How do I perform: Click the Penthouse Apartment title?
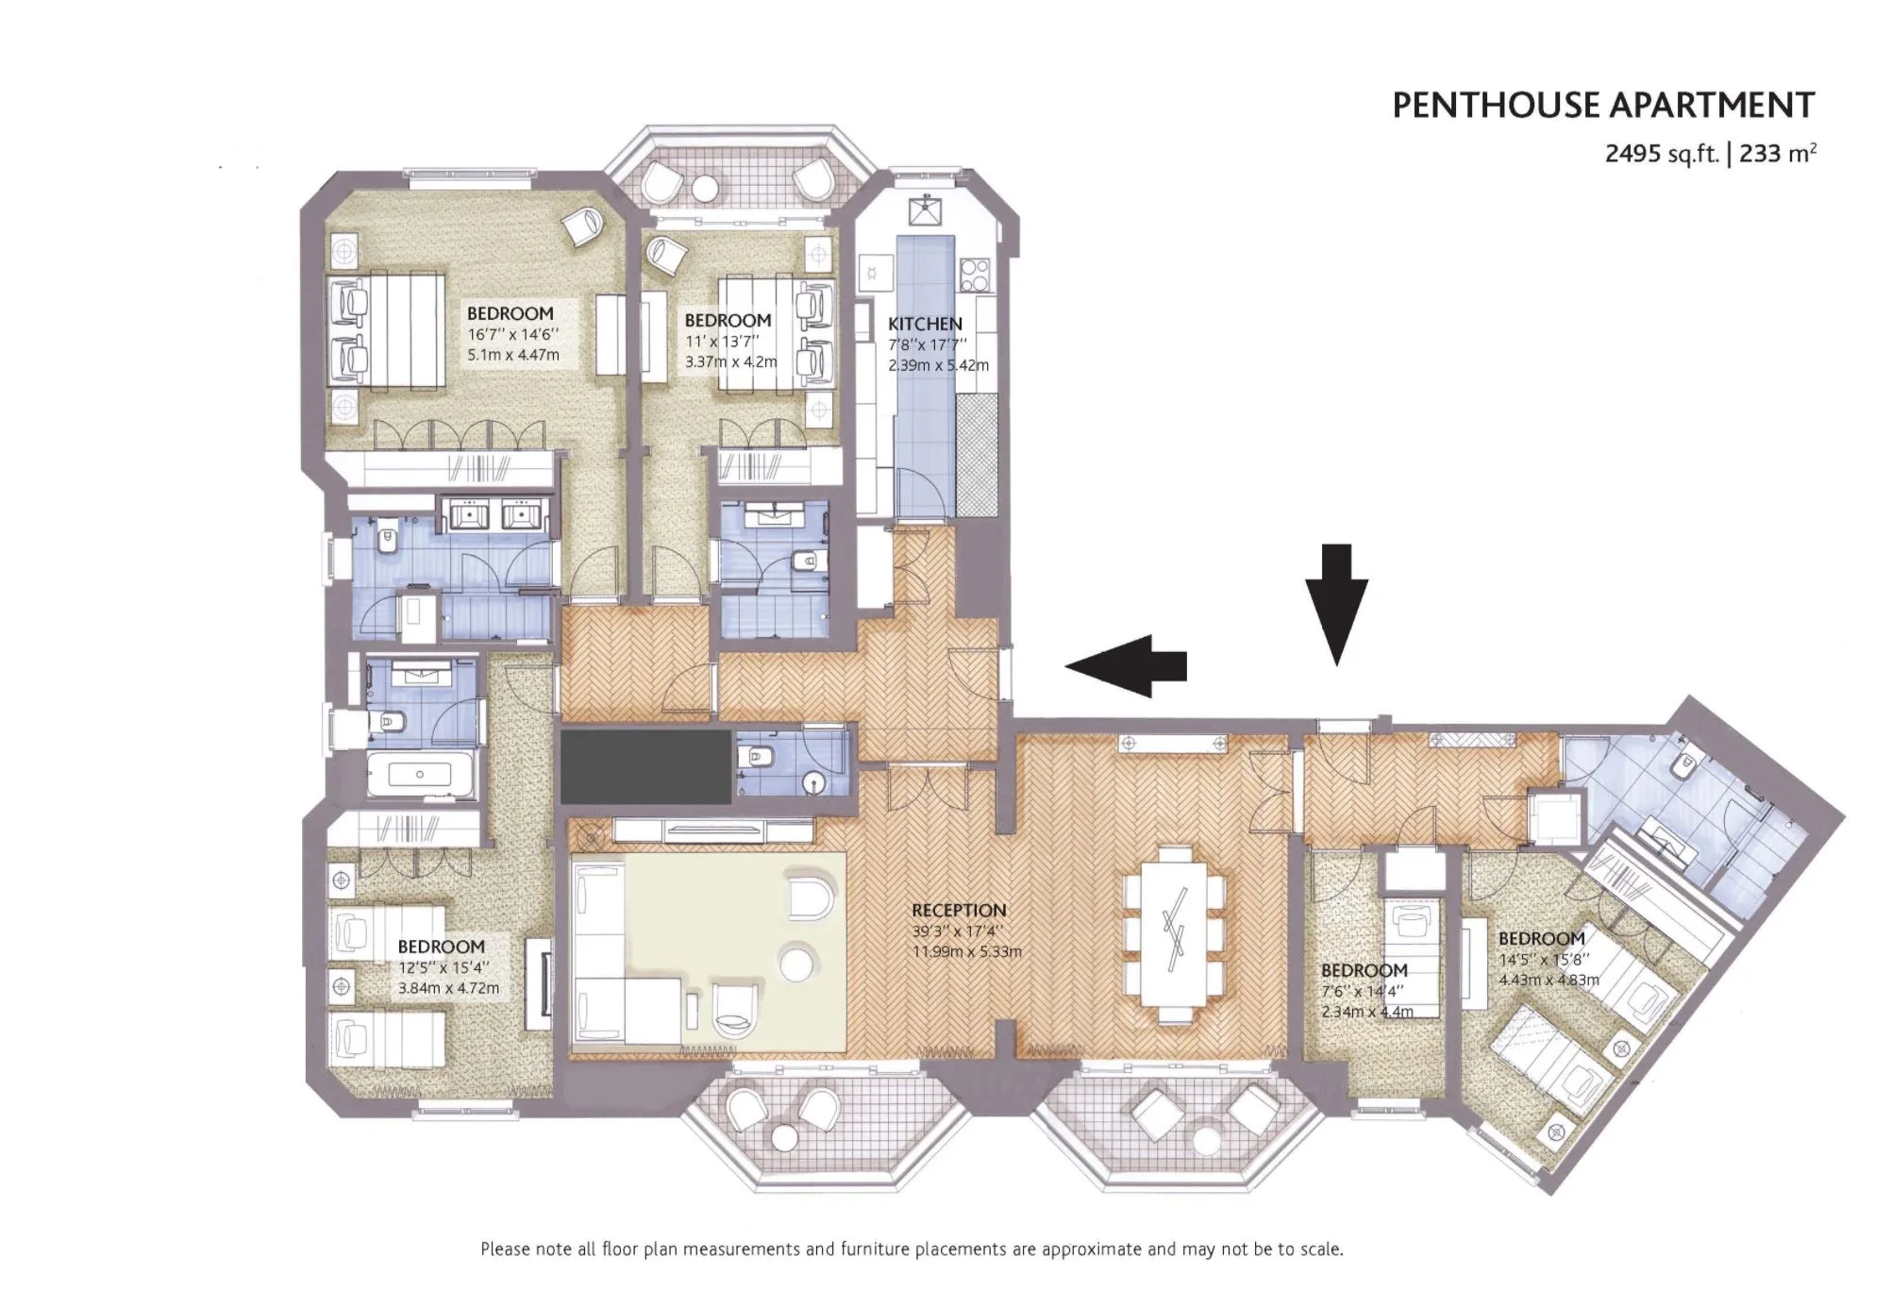pos(1603,105)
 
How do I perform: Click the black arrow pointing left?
pos(1126,665)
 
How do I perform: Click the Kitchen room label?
pos(925,324)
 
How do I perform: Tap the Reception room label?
pos(959,911)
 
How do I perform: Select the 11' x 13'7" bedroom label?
pos(728,321)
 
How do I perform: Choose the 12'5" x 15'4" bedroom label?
pos(441,947)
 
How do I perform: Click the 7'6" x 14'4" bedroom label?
pos(1364,970)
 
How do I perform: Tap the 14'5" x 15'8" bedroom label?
pos(1542,939)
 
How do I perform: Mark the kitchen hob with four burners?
pos(974,274)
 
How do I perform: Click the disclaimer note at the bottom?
pos(912,1249)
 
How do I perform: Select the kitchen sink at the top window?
pos(925,213)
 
